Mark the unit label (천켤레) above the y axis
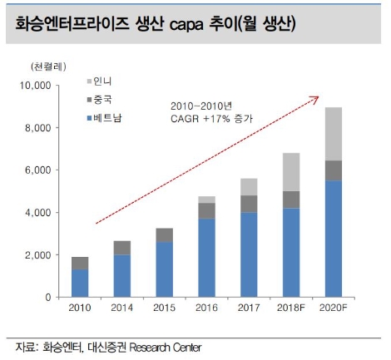[49, 65]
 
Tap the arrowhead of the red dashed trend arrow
[317, 98]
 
